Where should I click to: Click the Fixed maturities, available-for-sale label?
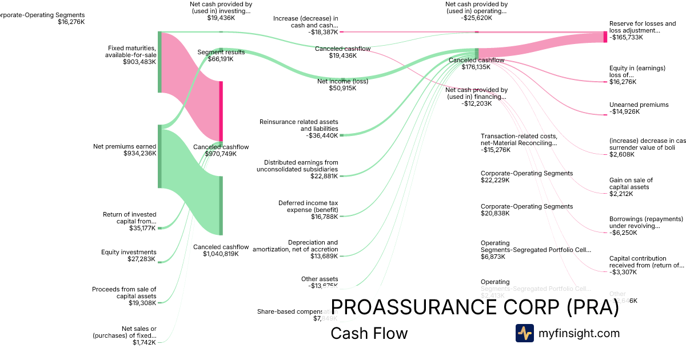click(130, 51)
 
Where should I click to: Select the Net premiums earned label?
click(125, 146)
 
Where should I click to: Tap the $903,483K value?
click(139, 62)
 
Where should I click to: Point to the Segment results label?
click(221, 52)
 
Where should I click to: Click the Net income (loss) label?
click(342, 81)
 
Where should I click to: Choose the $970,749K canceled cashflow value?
click(221, 154)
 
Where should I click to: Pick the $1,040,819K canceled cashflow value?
click(221, 254)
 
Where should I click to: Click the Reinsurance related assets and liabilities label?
click(298, 125)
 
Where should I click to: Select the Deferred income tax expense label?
click(308, 206)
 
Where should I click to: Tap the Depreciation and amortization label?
click(295, 246)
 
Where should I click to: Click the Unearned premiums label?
click(639, 105)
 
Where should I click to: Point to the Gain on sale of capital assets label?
click(631, 183)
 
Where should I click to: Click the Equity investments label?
click(129, 252)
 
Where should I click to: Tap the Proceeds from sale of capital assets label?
click(124, 293)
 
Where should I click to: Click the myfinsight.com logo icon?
click(524, 333)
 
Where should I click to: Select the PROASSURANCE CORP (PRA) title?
click(474, 307)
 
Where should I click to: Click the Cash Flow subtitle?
click(369, 334)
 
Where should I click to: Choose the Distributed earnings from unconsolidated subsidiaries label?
click(297, 166)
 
